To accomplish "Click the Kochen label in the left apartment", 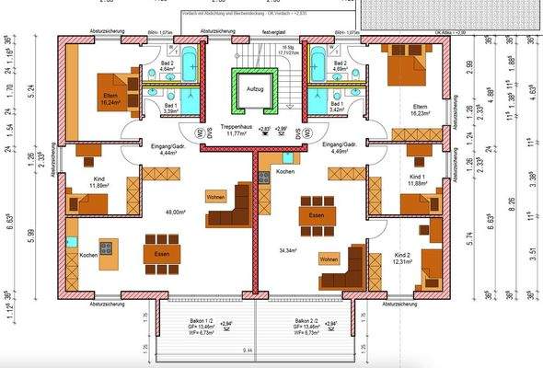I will (x=88, y=255).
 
